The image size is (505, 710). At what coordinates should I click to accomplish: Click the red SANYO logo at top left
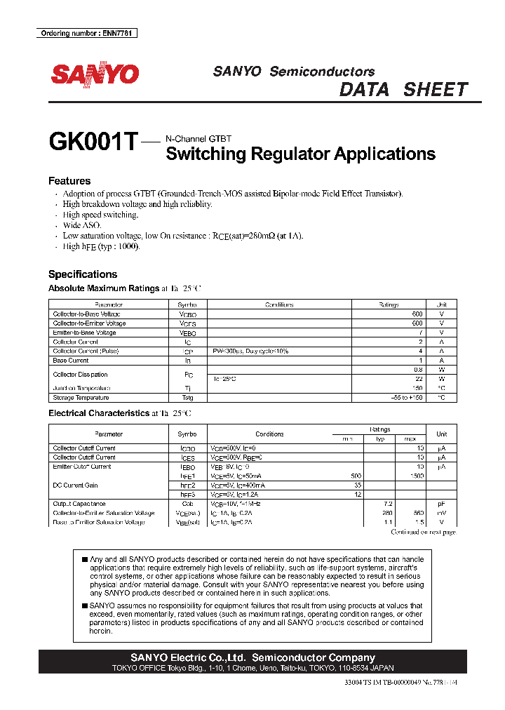[x=94, y=74]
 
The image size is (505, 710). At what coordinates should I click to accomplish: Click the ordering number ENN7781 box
[x=86, y=34]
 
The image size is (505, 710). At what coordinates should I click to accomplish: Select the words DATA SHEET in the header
[x=403, y=90]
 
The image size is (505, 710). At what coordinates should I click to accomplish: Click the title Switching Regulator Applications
[x=300, y=154]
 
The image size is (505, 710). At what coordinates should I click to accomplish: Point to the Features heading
[x=69, y=181]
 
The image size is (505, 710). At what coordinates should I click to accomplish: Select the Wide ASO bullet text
[x=82, y=225]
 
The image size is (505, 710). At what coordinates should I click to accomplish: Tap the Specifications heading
[x=83, y=274]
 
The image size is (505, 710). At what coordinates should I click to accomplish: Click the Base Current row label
[x=71, y=361]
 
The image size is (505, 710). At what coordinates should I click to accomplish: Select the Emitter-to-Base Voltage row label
[x=84, y=333]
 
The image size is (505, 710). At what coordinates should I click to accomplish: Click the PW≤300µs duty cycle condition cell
[x=251, y=351]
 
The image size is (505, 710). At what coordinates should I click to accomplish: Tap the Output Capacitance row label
[x=79, y=504]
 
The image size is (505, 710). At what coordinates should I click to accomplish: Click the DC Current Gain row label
[x=75, y=485]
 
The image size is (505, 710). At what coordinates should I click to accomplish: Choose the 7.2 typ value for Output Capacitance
[x=386, y=504]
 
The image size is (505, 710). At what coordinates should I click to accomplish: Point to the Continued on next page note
[x=423, y=532]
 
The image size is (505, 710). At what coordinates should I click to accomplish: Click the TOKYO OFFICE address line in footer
[x=253, y=668]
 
